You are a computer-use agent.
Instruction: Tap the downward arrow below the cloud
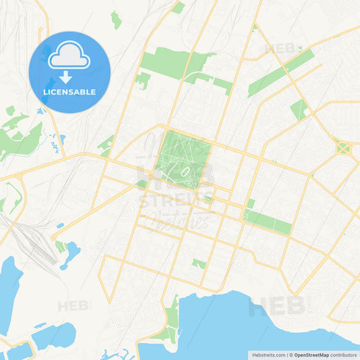(70, 76)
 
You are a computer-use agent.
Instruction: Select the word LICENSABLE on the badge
(70, 91)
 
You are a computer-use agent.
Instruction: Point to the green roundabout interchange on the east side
(342, 147)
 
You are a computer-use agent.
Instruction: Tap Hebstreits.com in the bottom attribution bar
(269, 355)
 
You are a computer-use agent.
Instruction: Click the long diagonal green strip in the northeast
(280, 73)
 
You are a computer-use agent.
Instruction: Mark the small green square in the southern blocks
(199, 263)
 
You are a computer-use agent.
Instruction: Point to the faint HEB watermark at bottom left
(73, 305)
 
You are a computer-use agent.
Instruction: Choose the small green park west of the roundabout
(299, 109)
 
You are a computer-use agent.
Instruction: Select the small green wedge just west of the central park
(141, 182)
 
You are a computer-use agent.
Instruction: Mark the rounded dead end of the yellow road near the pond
(53, 237)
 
